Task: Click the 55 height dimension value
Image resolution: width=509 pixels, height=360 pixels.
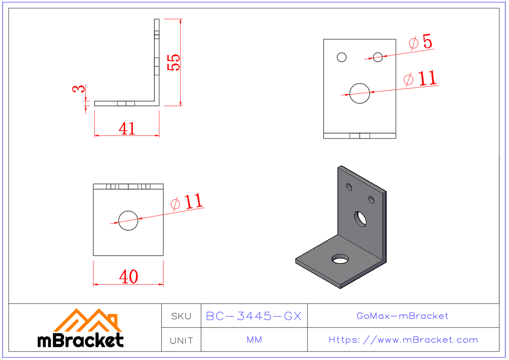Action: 174,62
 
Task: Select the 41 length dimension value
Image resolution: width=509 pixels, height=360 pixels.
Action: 127,128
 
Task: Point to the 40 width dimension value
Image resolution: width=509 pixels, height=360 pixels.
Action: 128,277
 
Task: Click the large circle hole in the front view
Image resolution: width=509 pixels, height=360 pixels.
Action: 360,93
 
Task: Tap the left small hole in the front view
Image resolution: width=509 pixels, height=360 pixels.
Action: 341,57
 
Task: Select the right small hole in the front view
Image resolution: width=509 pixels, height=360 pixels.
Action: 378,56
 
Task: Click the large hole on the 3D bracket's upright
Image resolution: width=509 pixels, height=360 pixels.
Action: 361,218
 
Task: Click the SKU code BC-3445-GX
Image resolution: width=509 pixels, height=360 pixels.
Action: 254,316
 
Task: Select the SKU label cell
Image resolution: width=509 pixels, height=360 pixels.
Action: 182,316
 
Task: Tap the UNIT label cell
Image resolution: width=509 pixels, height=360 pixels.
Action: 182,340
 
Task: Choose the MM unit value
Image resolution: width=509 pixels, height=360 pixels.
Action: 254,340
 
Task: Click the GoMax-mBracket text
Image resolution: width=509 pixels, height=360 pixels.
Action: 403,316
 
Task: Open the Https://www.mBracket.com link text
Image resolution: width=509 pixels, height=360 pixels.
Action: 403,340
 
